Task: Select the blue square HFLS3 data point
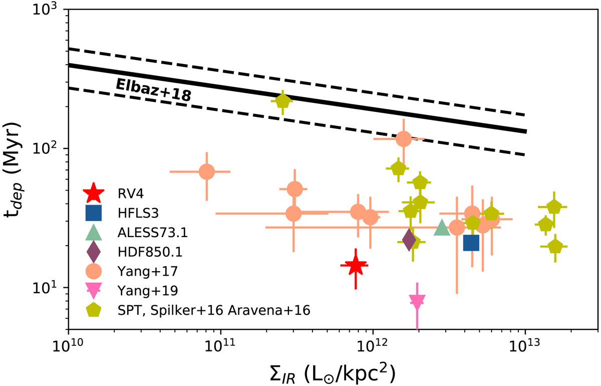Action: pyautogui.click(x=471, y=243)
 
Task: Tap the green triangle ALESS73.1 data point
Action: pyautogui.click(x=442, y=228)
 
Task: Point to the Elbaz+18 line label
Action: pyautogui.click(x=153, y=91)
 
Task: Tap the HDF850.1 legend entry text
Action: pyautogui.click(x=145, y=252)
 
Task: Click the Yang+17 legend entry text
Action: pyautogui.click(x=140, y=271)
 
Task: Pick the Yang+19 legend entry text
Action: pyautogui.click(x=140, y=291)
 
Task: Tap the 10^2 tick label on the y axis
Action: pyautogui.click(x=49, y=149)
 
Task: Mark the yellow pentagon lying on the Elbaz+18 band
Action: pyautogui.click(x=283, y=101)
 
